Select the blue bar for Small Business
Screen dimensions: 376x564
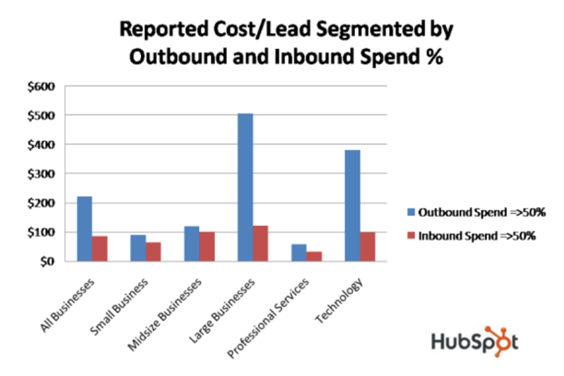tap(138, 248)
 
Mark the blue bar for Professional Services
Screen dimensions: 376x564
tap(299, 253)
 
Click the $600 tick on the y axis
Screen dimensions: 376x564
tap(44, 87)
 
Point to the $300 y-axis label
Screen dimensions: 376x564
tap(44, 174)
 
